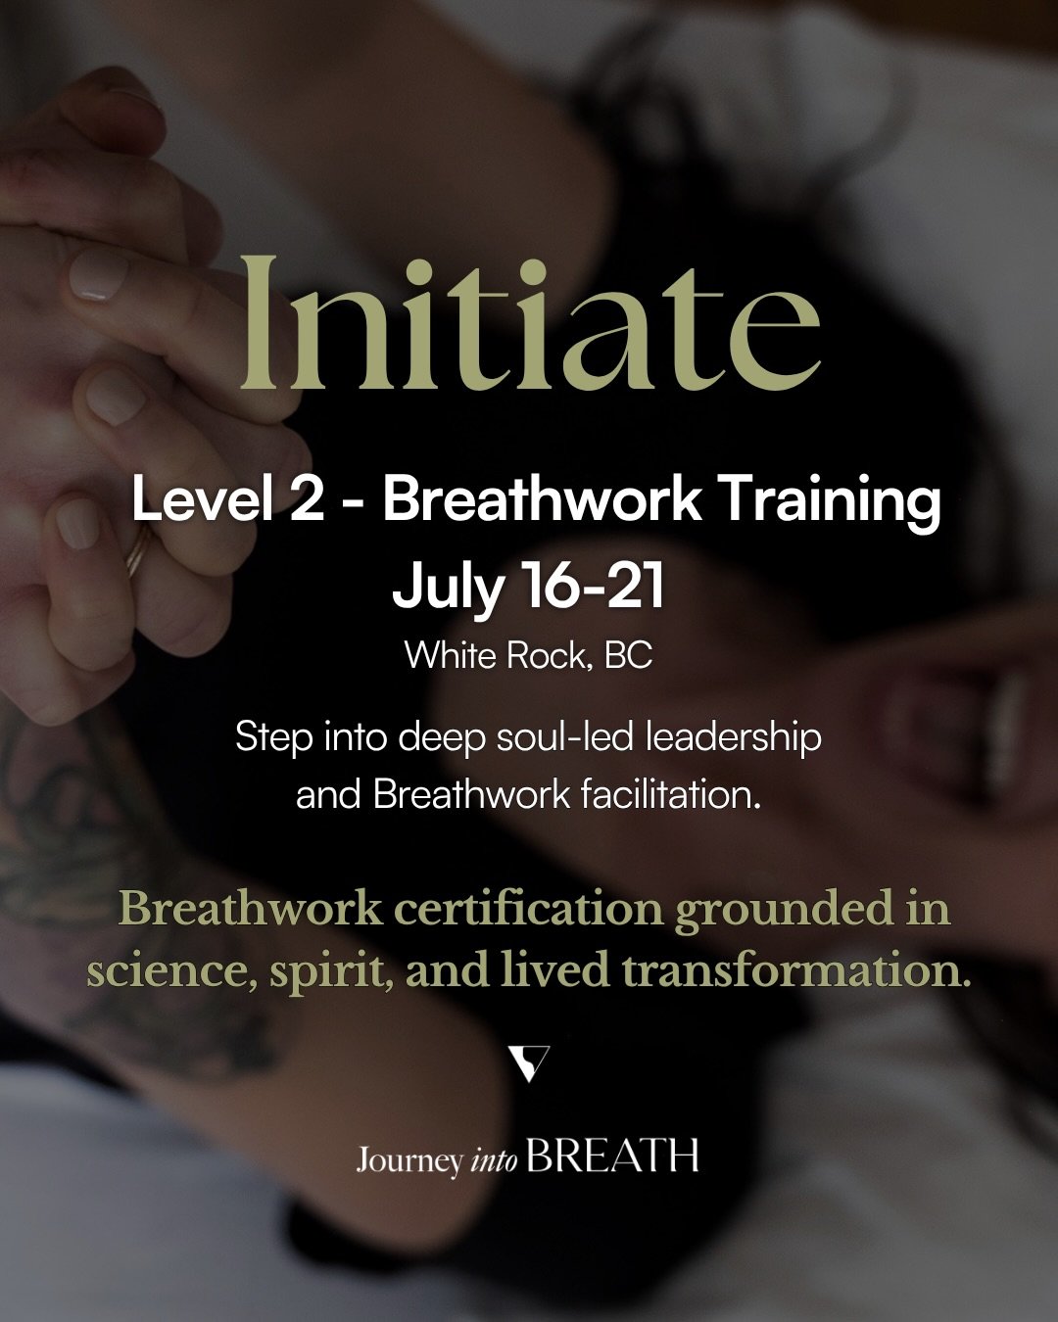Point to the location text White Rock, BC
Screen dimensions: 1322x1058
(x=529, y=654)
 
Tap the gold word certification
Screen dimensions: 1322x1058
(x=526, y=909)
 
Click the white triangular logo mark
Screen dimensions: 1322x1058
(x=530, y=1063)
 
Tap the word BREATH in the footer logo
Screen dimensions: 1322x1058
(x=613, y=1157)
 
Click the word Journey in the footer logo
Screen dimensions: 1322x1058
(x=409, y=1160)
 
